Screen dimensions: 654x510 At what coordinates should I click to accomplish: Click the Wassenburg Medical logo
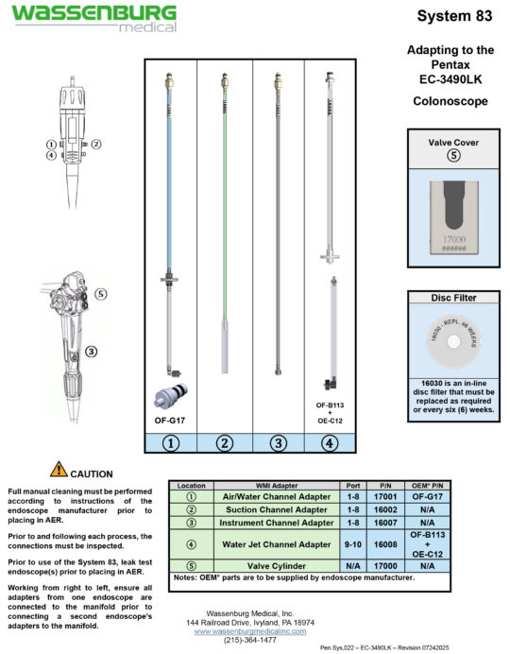click(93, 18)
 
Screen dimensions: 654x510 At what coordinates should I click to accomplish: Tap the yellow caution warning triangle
click(59, 468)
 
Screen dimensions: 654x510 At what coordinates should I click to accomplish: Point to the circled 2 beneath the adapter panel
click(224, 442)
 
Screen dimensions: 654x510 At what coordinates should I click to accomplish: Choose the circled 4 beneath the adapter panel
click(328, 442)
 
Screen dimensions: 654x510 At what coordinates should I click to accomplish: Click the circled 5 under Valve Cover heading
click(452, 157)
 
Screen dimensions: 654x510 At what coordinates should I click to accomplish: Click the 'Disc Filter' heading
click(452, 298)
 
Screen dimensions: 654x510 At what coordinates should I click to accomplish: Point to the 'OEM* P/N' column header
click(427, 485)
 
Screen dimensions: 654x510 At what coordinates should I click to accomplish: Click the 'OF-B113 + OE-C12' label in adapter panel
click(328, 412)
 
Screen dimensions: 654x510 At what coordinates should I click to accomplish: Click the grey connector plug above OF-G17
click(170, 396)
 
